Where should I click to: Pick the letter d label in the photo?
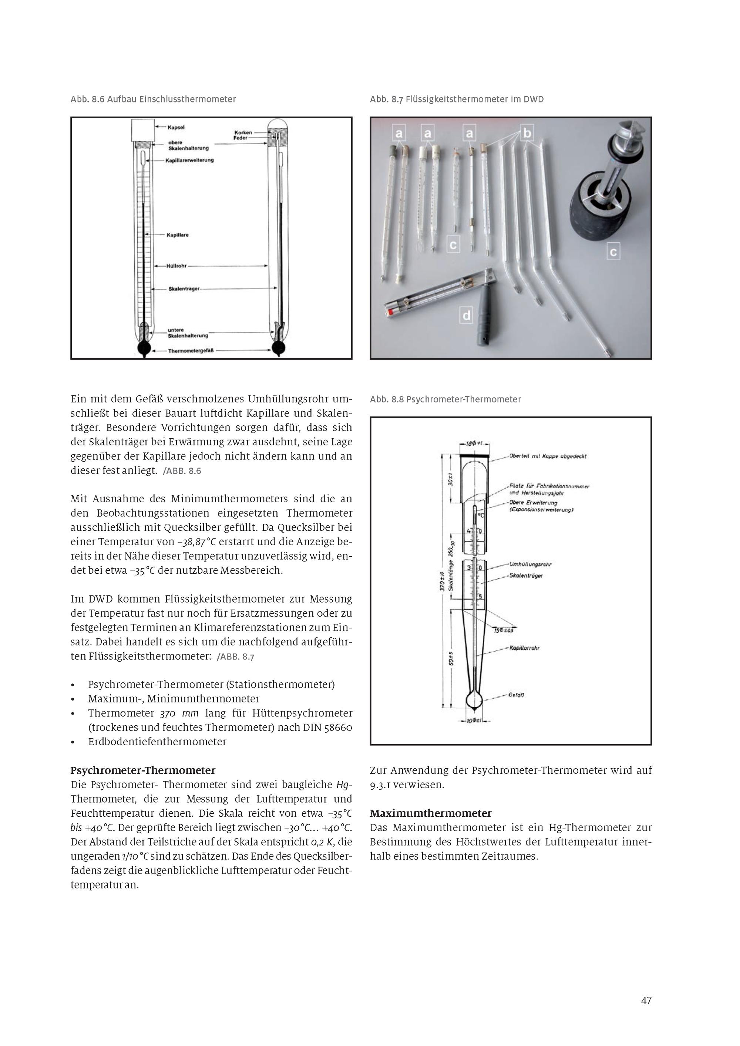[x=466, y=315]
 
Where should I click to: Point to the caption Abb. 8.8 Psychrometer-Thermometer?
[x=445, y=399]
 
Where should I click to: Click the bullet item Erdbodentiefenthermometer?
[x=157, y=742]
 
